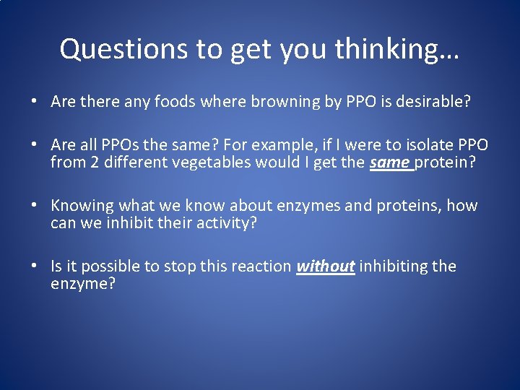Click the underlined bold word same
click(x=390, y=162)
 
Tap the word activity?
click(x=220, y=223)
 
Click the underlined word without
click(x=325, y=266)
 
